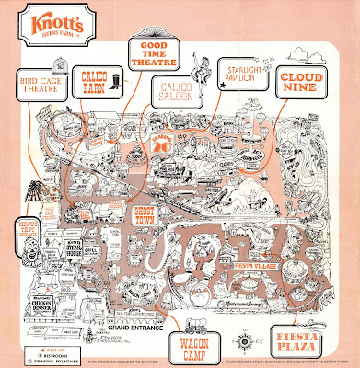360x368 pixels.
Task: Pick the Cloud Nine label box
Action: pos(304,79)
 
